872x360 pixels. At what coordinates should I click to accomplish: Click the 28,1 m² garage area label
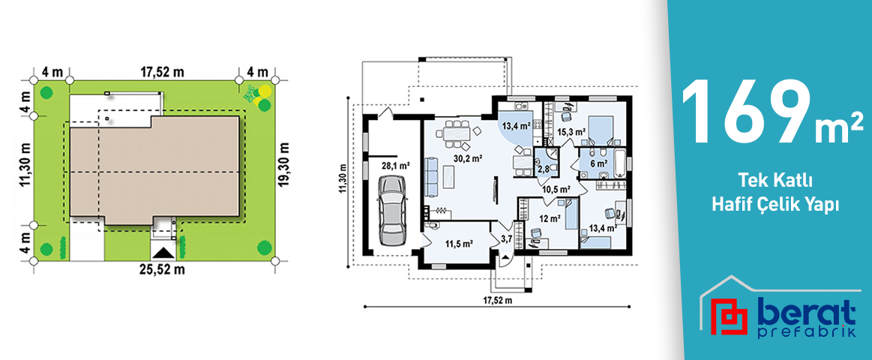click(395, 165)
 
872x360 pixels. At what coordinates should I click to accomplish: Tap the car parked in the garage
click(393, 209)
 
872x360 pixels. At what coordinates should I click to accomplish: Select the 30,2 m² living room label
click(467, 157)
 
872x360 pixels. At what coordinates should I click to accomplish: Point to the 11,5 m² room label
click(458, 243)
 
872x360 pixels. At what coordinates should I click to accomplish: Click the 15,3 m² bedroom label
click(571, 132)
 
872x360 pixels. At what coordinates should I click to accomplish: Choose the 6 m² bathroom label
click(598, 163)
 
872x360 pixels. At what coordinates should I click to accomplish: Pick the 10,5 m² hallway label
click(556, 189)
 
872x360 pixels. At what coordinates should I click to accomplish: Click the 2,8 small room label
click(543, 169)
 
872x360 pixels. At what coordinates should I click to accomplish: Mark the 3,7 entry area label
click(507, 239)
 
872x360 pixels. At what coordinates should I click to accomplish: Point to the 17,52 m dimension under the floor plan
click(497, 300)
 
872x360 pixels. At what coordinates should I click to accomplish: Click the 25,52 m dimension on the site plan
click(162, 270)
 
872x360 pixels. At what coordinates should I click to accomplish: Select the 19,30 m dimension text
click(285, 165)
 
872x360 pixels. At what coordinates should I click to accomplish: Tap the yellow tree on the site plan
click(265, 91)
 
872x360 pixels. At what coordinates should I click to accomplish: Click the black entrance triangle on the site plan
click(163, 252)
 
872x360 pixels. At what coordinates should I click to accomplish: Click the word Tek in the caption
click(750, 181)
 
